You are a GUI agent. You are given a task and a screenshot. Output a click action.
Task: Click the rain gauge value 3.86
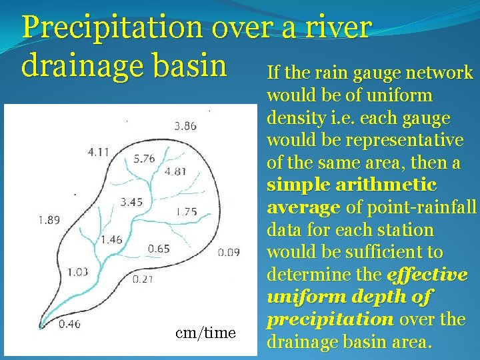coord(185,125)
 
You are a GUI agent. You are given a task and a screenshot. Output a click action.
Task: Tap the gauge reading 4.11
coord(99,152)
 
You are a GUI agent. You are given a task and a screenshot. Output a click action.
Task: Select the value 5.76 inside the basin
coord(144,159)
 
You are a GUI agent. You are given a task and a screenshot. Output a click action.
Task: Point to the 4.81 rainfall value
coord(175,171)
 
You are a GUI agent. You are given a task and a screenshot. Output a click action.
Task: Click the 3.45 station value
coord(131,201)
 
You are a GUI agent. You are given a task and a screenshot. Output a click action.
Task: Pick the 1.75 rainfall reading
coord(186,212)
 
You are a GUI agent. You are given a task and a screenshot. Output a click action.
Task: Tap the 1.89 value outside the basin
coord(49,220)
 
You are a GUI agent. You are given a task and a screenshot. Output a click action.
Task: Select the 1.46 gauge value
coord(112,239)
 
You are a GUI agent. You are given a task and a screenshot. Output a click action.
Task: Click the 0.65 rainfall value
coord(159,249)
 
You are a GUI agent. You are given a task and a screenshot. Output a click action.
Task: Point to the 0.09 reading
coord(229,252)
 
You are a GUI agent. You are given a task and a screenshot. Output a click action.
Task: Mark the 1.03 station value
coord(78,271)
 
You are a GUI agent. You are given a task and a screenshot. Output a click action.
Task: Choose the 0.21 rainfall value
coord(143,279)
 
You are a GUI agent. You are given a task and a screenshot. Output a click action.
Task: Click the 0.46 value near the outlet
coord(69,325)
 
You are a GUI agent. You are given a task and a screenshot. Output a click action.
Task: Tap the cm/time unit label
coord(205,333)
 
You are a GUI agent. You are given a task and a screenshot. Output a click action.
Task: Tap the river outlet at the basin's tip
coord(42,327)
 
